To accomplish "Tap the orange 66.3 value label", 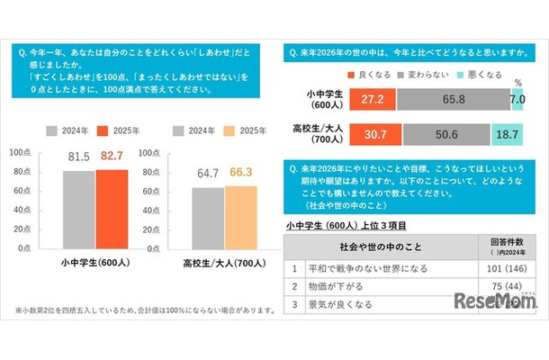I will tap(240, 171).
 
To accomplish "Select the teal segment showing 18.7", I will tap(514, 135).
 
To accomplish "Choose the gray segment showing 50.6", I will tap(446, 135).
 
